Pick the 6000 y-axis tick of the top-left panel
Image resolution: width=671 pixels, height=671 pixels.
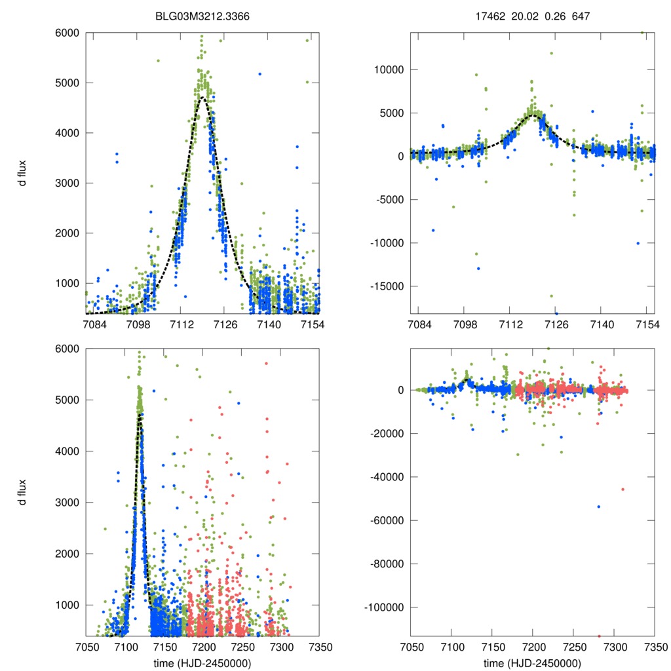point(69,33)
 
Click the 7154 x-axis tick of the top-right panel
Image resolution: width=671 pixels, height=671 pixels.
point(647,324)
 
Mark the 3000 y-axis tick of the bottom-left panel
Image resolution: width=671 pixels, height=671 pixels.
point(69,503)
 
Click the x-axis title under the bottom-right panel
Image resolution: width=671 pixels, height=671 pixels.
point(532,662)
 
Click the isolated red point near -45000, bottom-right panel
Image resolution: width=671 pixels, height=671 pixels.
point(623,489)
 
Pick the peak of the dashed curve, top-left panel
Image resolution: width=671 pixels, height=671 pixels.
point(202,98)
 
